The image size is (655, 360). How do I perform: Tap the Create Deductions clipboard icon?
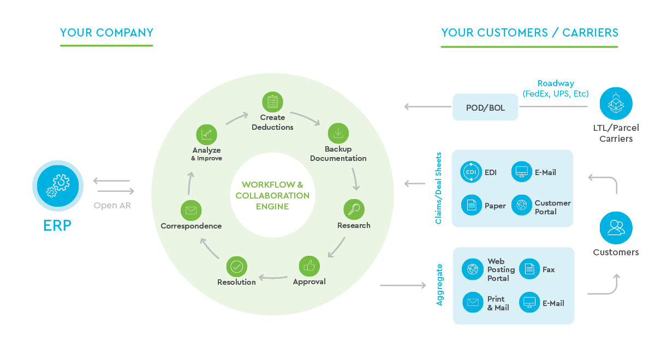click(272, 102)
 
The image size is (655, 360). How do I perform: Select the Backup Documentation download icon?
click(338, 133)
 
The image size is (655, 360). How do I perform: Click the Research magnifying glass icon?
click(354, 209)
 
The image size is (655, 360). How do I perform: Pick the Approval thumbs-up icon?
click(309, 266)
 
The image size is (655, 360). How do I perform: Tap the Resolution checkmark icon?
click(236, 266)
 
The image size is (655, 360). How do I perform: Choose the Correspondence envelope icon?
click(191, 210)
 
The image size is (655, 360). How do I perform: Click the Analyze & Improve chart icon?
click(206, 134)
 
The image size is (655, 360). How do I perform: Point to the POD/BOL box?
click(485, 107)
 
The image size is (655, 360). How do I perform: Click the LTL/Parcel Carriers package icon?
click(616, 104)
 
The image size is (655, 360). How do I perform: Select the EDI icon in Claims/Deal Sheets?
click(471, 172)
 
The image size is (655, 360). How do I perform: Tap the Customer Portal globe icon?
click(522, 206)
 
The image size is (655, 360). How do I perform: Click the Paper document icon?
click(471, 206)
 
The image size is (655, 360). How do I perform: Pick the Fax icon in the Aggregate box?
click(529, 269)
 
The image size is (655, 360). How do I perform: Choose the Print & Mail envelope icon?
click(473, 302)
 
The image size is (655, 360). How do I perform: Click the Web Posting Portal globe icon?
click(472, 269)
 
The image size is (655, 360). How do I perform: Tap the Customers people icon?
click(616, 228)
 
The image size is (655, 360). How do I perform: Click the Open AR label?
click(113, 206)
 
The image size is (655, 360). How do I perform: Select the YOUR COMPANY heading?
click(106, 33)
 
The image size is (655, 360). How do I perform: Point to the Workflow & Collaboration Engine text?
click(272, 195)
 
